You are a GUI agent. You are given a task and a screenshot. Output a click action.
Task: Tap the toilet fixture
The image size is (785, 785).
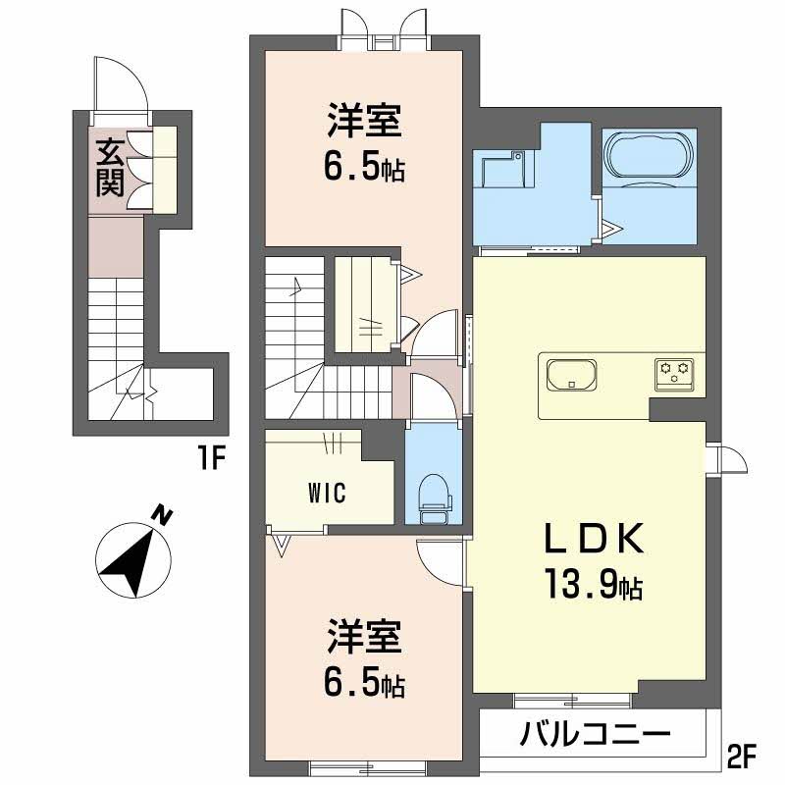(x=434, y=498)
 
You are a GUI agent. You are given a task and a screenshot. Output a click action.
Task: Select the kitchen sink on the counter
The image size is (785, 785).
(x=572, y=375)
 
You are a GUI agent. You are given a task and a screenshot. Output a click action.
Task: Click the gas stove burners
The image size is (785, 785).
(x=674, y=374)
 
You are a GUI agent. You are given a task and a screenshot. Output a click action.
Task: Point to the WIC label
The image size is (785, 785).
(x=327, y=493)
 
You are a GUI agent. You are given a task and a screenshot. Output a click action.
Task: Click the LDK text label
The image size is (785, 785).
(x=594, y=538)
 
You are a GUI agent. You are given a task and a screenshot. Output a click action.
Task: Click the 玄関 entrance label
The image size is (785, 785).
(x=110, y=168)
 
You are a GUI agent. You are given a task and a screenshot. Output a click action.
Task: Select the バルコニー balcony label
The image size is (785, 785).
(x=595, y=735)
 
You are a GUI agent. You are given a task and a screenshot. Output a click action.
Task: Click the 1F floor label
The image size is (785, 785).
(x=211, y=457)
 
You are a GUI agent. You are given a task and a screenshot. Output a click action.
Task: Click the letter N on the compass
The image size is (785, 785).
(x=161, y=516)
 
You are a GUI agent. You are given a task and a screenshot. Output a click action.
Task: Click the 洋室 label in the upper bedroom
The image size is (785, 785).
(x=364, y=121)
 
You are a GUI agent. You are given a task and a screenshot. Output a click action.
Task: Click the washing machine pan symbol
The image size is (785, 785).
(x=503, y=170)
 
